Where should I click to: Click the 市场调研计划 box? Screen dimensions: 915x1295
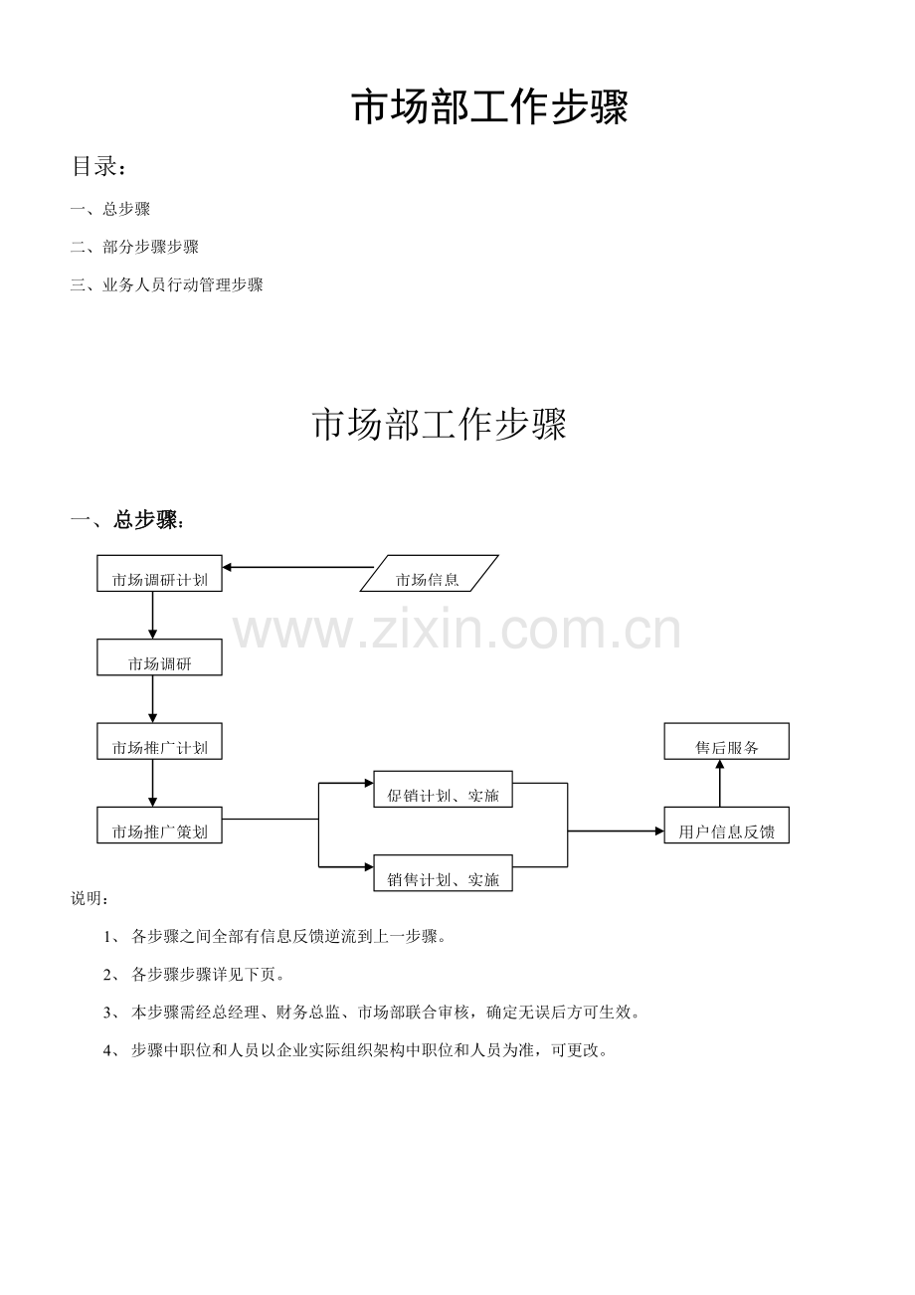(x=159, y=573)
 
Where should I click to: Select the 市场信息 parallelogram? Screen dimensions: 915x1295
(x=429, y=573)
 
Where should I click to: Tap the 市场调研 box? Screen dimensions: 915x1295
(x=159, y=656)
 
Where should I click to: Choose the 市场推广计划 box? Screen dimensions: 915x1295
(x=159, y=741)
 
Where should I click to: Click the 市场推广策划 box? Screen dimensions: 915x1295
(x=159, y=825)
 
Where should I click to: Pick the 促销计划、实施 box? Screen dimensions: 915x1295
(x=443, y=789)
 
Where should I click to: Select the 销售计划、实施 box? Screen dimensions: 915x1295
(x=443, y=873)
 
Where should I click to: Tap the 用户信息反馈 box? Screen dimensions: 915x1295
(x=726, y=825)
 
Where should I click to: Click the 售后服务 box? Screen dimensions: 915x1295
(x=726, y=741)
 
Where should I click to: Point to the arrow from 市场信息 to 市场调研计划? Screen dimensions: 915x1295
(x=298, y=567)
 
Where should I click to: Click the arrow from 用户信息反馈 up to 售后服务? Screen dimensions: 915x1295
(x=720, y=784)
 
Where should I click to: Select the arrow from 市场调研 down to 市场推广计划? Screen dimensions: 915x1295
(x=152, y=699)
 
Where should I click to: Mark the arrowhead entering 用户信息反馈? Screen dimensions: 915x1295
(x=659, y=831)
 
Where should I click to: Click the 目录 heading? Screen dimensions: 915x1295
(x=98, y=166)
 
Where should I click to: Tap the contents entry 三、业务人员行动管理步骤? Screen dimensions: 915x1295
(x=166, y=284)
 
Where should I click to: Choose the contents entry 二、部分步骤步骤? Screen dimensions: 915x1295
(x=134, y=247)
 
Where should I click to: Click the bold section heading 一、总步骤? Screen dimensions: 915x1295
(x=127, y=520)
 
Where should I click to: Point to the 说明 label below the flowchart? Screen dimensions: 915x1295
(x=90, y=898)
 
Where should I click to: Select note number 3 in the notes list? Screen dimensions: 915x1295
(x=372, y=1013)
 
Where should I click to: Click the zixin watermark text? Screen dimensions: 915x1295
(x=457, y=631)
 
